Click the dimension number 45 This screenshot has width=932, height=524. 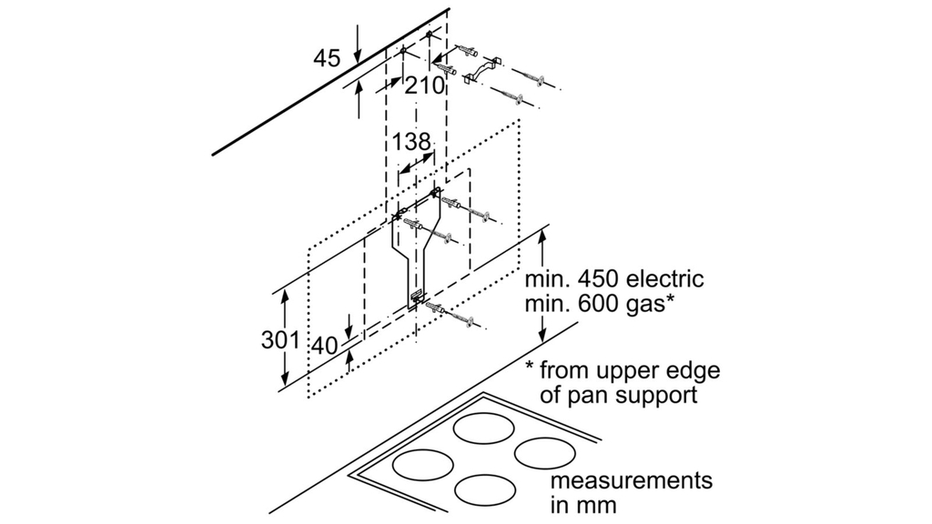(327, 59)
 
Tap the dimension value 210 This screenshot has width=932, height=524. (425, 87)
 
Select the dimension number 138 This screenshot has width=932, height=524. (411, 143)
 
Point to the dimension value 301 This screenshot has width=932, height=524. (280, 340)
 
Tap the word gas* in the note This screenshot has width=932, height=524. (647, 305)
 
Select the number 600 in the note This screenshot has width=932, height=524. (592, 305)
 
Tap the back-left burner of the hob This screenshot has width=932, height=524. (483, 428)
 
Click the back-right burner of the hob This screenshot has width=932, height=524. (544, 451)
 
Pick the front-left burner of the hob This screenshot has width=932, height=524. (422, 464)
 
